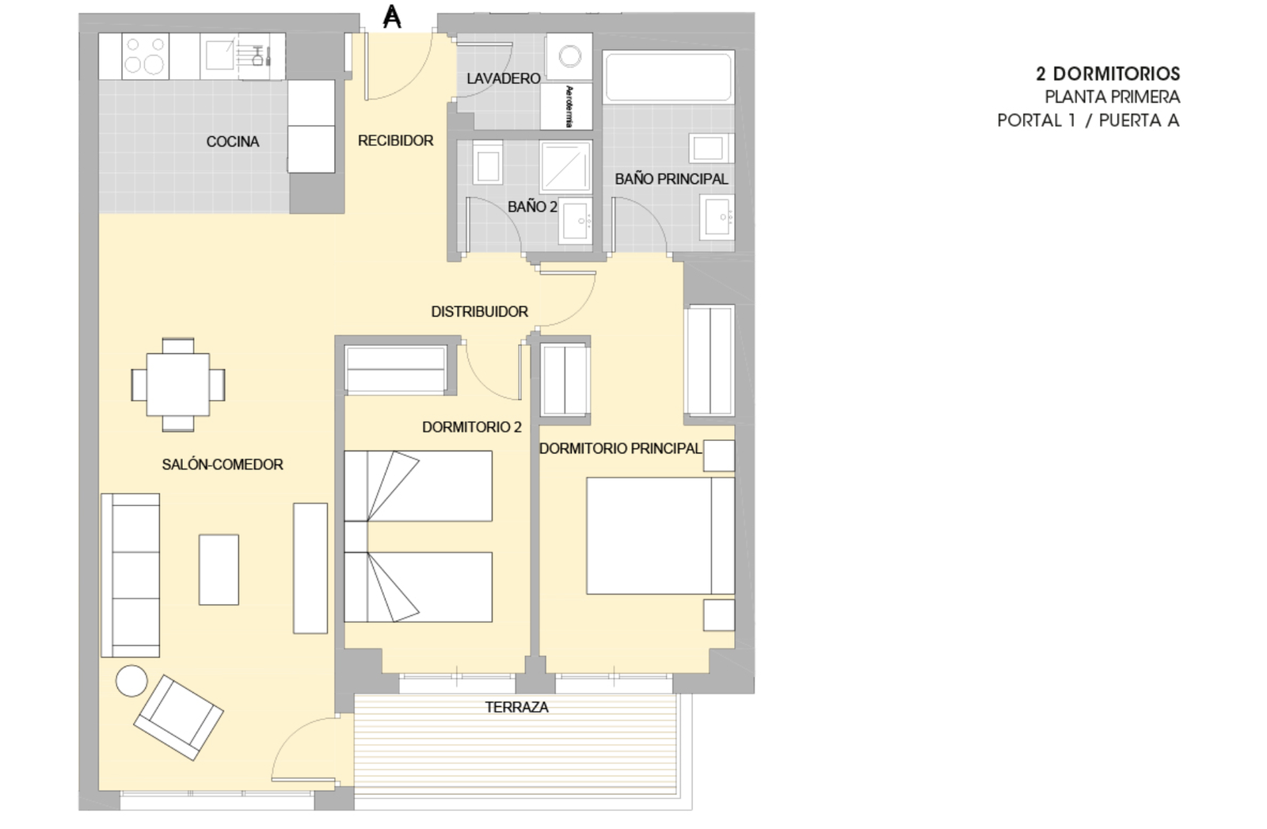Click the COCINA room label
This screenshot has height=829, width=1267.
pyautogui.click(x=233, y=142)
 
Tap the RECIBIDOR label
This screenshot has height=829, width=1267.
pyautogui.click(x=395, y=140)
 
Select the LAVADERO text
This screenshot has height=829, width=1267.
pyautogui.click(x=504, y=78)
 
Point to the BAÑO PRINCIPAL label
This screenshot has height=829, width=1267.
pyautogui.click(x=672, y=179)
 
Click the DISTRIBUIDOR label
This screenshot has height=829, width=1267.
pyautogui.click(x=480, y=312)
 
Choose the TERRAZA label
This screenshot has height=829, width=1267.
pyautogui.click(x=516, y=707)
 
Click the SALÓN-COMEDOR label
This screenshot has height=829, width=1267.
pyautogui.click(x=223, y=464)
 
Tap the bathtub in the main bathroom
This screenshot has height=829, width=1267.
pyautogui.click(x=668, y=77)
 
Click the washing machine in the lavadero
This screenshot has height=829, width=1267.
pyautogui.click(x=569, y=56)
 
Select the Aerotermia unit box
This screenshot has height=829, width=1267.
pyautogui.click(x=566, y=106)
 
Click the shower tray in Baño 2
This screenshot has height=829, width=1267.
pyautogui.click(x=565, y=167)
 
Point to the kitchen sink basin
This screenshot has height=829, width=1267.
pyautogui.click(x=219, y=55)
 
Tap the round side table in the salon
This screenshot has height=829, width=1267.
pyautogui.click(x=131, y=681)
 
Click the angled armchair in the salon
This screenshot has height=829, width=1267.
pyautogui.click(x=178, y=717)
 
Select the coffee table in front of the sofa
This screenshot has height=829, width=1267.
pyautogui.click(x=219, y=569)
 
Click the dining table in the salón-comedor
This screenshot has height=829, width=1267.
pyautogui.click(x=178, y=385)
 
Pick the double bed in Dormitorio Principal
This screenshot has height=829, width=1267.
pyautogui.click(x=660, y=535)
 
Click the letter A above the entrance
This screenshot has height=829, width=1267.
pyautogui.click(x=392, y=17)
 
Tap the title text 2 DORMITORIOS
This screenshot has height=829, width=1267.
pyautogui.click(x=1108, y=74)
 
